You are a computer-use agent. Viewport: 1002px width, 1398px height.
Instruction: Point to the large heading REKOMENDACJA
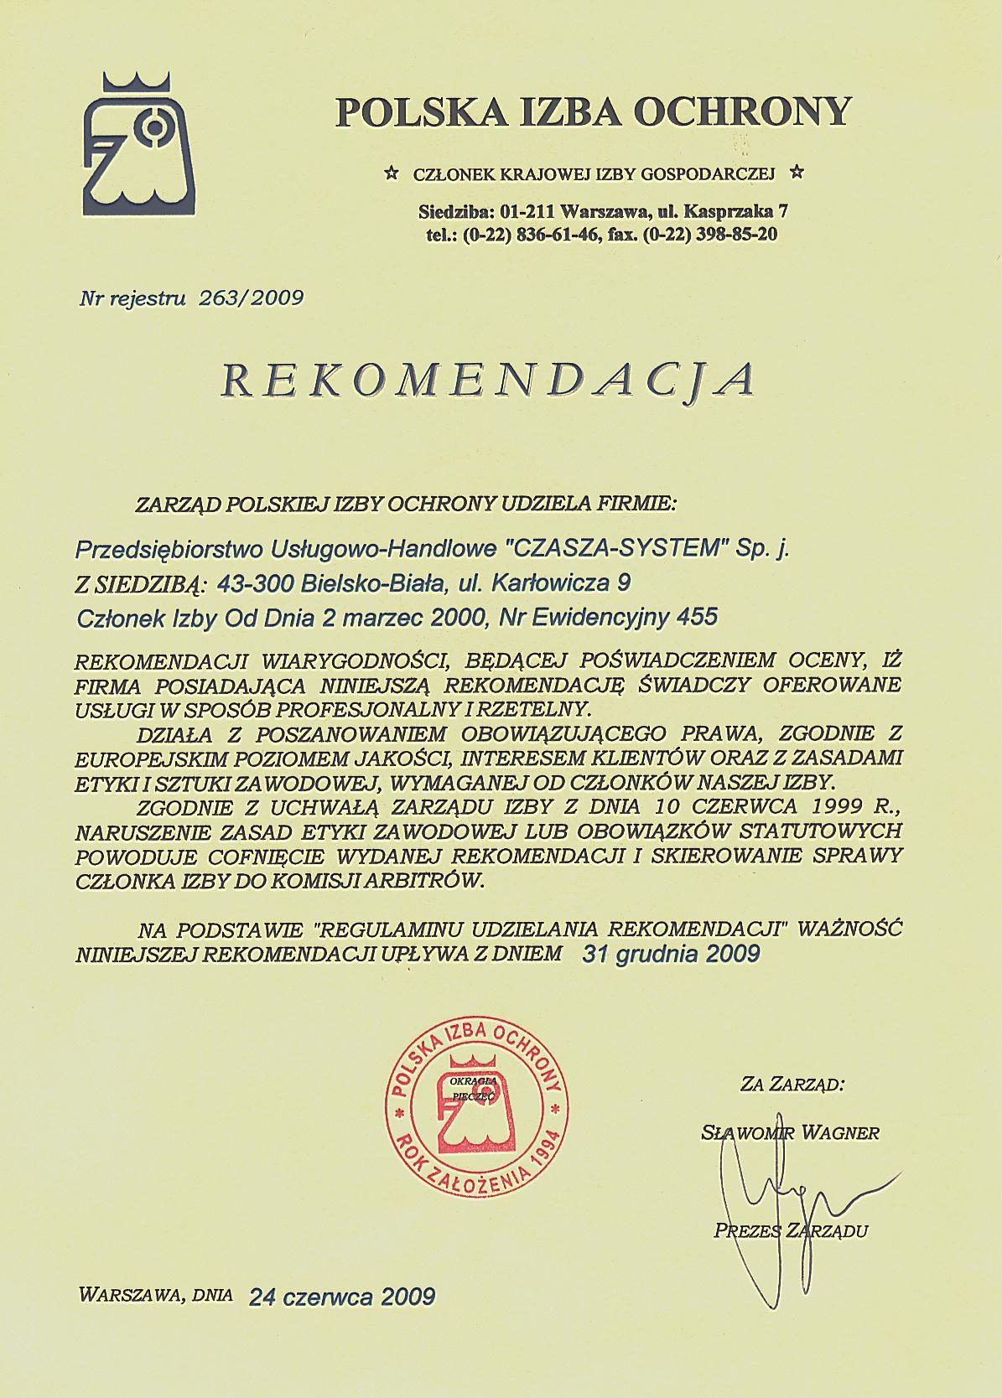click(x=489, y=380)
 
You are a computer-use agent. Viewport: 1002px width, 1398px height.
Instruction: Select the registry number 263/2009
click(x=250, y=297)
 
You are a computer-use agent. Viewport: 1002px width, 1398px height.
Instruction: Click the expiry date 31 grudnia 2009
click(x=670, y=953)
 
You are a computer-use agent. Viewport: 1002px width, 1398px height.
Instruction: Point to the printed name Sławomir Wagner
click(x=790, y=1133)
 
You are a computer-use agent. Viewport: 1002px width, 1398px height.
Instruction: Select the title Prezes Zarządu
click(x=791, y=1230)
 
